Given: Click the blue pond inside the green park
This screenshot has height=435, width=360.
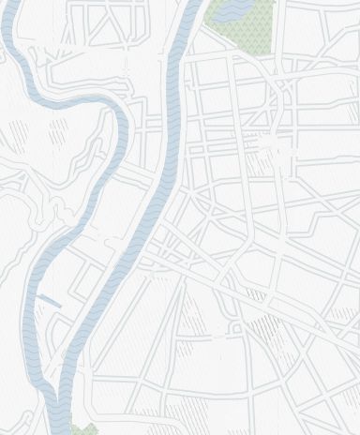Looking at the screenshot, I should point(233,8).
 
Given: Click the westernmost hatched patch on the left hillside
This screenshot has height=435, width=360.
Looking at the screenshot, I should point(4,141).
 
